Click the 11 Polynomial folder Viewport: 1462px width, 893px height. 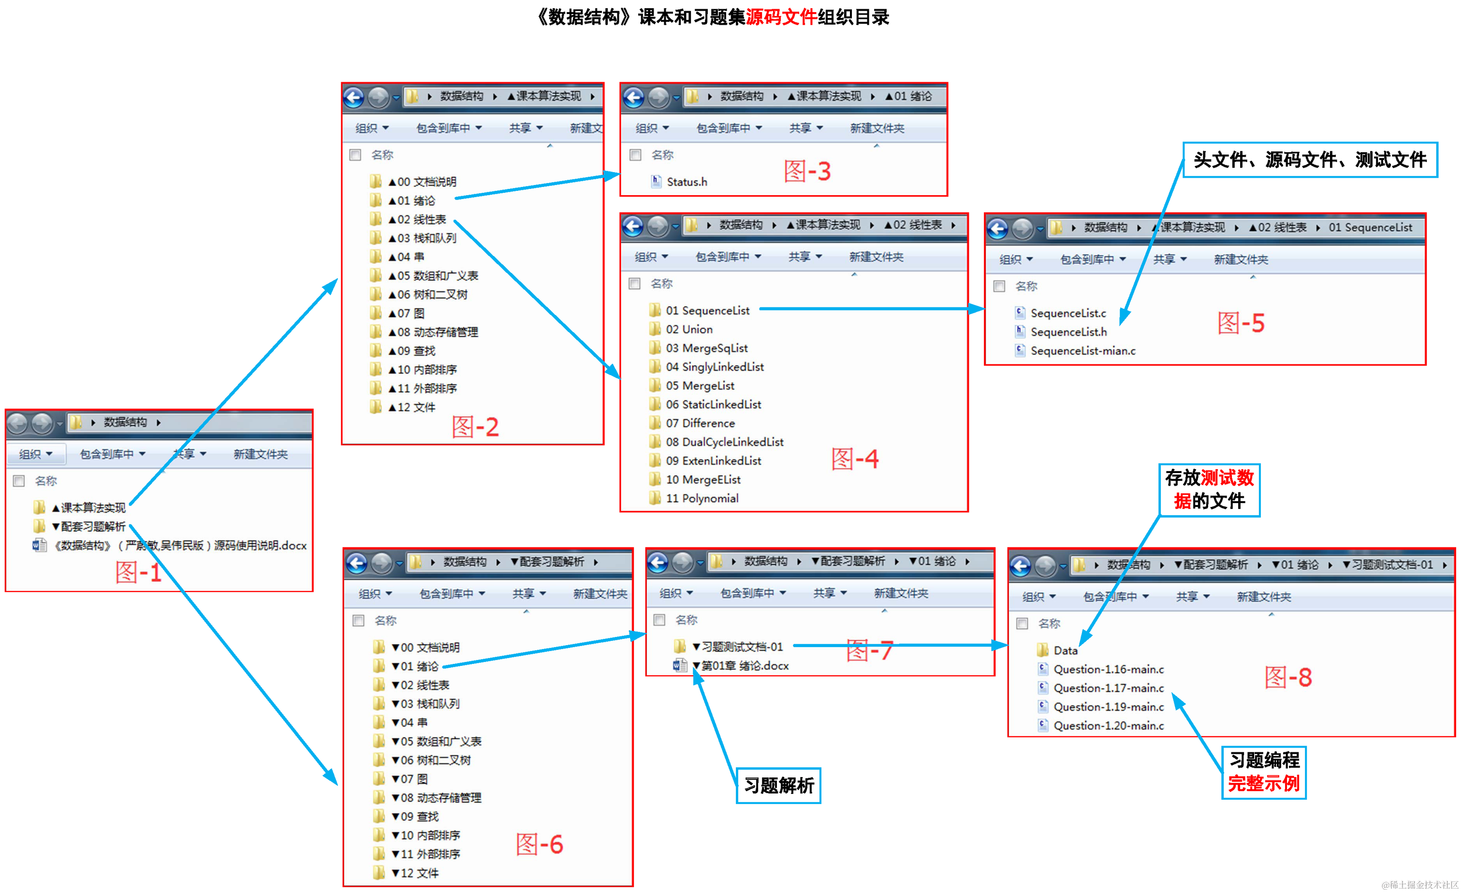(x=702, y=499)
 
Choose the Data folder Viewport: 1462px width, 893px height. (x=1065, y=650)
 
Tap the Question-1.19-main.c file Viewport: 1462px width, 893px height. (x=1108, y=707)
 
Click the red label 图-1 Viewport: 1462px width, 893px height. (x=138, y=573)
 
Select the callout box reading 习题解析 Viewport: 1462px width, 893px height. (x=778, y=786)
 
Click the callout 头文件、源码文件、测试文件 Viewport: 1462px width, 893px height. (x=1310, y=160)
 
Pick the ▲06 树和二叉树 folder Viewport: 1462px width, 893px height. (x=431, y=295)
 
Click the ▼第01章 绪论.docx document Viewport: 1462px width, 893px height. (x=744, y=666)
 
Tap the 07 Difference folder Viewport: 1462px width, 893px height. (x=700, y=423)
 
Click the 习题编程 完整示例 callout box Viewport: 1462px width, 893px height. (x=1263, y=773)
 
